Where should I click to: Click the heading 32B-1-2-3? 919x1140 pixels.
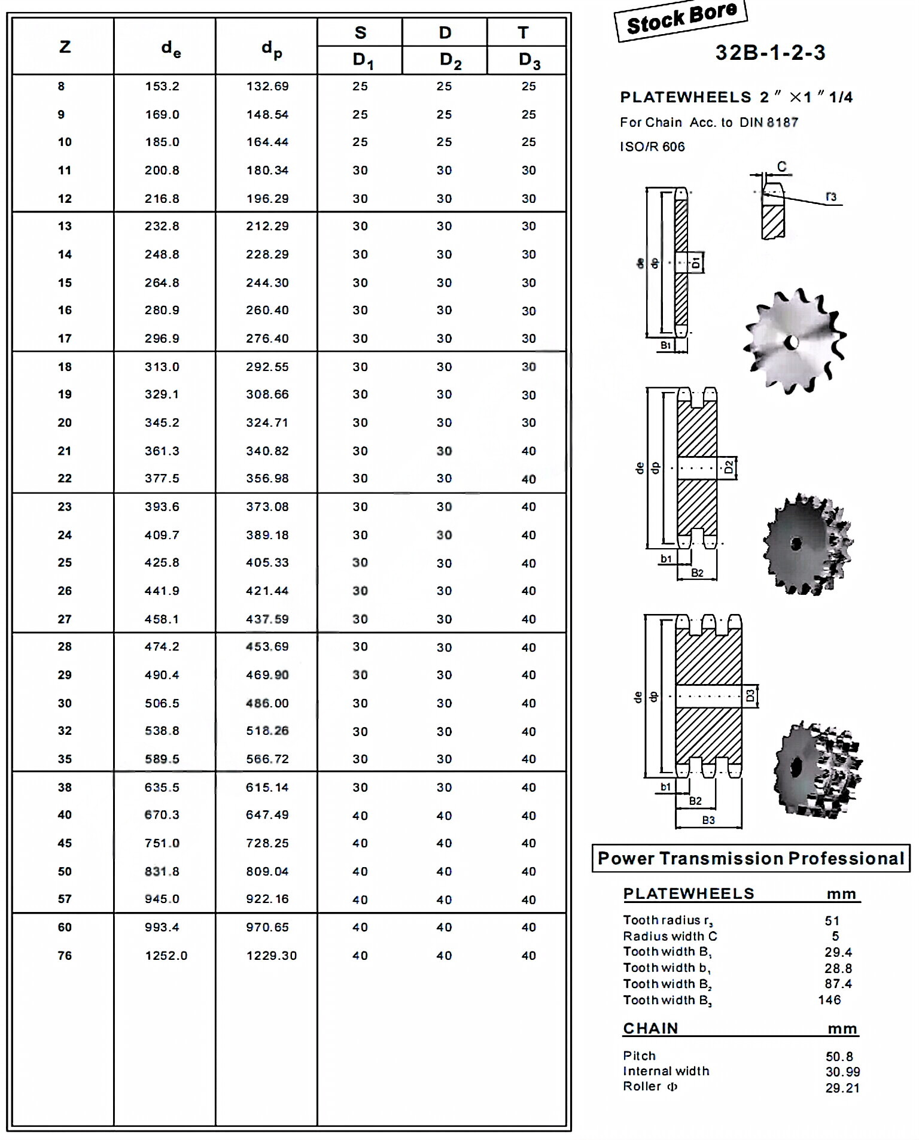pos(770,53)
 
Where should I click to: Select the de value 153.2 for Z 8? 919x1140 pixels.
pos(162,86)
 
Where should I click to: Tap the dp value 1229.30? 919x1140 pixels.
pos(272,956)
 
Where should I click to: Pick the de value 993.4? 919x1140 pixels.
pos(162,928)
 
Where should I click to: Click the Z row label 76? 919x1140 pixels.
pos(65,956)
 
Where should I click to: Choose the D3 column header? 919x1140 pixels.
pos(530,60)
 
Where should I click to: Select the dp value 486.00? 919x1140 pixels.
pos(267,703)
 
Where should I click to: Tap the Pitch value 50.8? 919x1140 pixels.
pos(839,1057)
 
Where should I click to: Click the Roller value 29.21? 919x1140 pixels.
pos(842,1088)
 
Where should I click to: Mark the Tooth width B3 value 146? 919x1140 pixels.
pos(830,1000)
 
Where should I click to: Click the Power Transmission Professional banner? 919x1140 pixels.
pos(751,858)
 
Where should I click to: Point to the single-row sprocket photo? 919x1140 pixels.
pos(794,341)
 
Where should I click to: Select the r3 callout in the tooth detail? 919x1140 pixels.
pos(831,196)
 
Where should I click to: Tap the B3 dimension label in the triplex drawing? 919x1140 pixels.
pos(708,820)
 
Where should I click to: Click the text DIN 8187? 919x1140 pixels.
pos(769,123)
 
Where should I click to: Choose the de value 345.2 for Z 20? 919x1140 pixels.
pos(162,423)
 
